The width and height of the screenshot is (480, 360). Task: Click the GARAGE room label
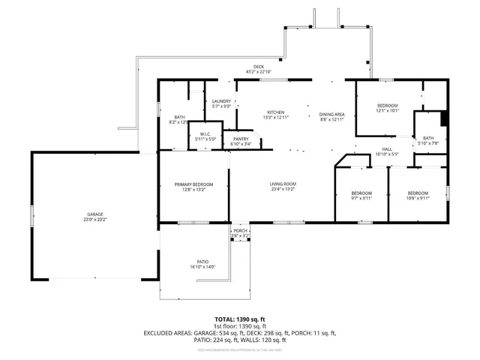coord(94,214)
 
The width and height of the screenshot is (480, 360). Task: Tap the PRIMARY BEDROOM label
coord(194,184)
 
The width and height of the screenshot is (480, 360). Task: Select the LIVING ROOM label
coord(283,184)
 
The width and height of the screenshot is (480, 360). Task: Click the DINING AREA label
coord(331,112)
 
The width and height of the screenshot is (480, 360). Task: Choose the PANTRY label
coord(241,139)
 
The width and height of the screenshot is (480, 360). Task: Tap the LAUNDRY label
coord(221,101)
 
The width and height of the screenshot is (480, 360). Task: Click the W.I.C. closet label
coord(205,135)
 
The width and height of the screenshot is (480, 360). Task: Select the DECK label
coord(259,67)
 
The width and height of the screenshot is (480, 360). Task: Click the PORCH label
coord(240,230)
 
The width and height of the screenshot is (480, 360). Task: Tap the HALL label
coord(387,149)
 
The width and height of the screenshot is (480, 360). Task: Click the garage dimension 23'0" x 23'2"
coord(94,219)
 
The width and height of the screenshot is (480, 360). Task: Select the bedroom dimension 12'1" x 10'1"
coord(388,111)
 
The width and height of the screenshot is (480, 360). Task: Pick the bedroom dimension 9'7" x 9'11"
coord(361,198)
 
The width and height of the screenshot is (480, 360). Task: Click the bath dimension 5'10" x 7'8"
coord(428,143)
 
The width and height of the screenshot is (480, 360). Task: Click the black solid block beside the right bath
coord(445,118)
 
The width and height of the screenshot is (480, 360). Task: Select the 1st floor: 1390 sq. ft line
coord(239,326)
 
